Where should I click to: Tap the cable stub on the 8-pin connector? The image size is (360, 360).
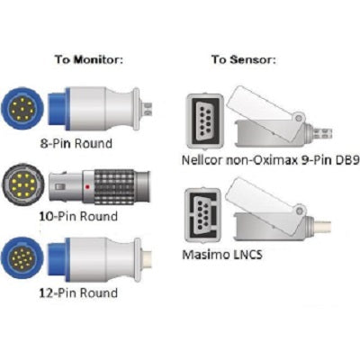point(146,107)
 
